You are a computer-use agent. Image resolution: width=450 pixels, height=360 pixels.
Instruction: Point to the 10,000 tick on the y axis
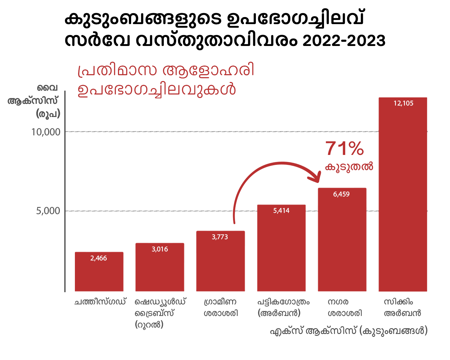click(46, 132)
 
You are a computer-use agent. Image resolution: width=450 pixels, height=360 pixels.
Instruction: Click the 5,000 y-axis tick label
click(48, 211)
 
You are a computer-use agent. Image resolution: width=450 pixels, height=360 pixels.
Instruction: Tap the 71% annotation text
click(345, 149)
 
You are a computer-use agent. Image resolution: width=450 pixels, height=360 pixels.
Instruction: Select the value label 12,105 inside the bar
click(403, 104)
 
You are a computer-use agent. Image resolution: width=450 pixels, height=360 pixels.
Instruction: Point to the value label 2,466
click(99, 258)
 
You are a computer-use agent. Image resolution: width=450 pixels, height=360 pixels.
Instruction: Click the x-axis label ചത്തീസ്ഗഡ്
click(100, 302)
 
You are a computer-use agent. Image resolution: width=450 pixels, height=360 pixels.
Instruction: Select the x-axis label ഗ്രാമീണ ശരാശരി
click(221, 307)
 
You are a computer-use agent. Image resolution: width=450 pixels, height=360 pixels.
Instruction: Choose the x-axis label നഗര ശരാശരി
click(345, 307)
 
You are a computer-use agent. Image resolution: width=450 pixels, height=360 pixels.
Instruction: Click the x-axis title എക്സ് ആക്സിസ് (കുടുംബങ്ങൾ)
click(349, 331)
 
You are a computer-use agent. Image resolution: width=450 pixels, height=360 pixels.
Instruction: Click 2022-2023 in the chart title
click(344, 41)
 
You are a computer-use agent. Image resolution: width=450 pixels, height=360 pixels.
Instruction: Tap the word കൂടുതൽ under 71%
click(349, 167)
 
